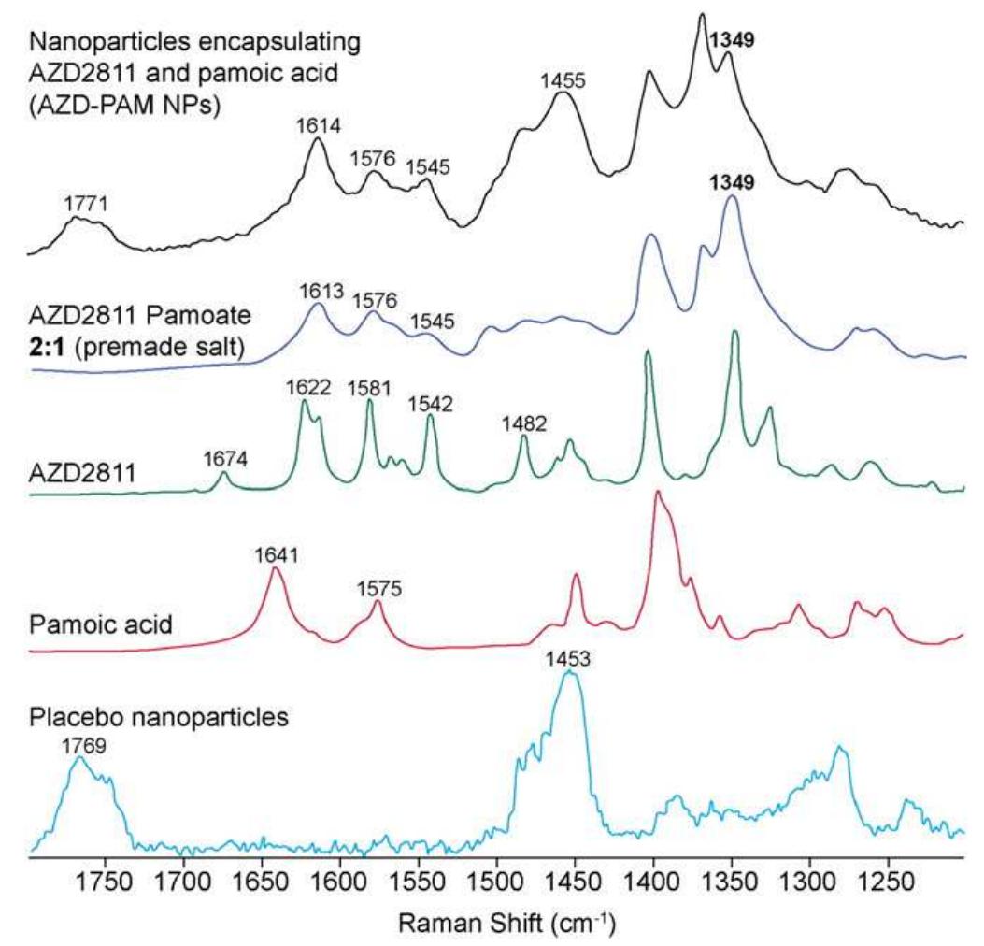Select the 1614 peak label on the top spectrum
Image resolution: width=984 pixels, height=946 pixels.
318,124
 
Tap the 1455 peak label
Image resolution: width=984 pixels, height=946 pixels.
563,80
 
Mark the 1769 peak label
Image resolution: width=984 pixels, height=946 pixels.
79,745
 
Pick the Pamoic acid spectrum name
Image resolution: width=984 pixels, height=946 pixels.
101,623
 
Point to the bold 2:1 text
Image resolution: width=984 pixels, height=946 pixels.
48,350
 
